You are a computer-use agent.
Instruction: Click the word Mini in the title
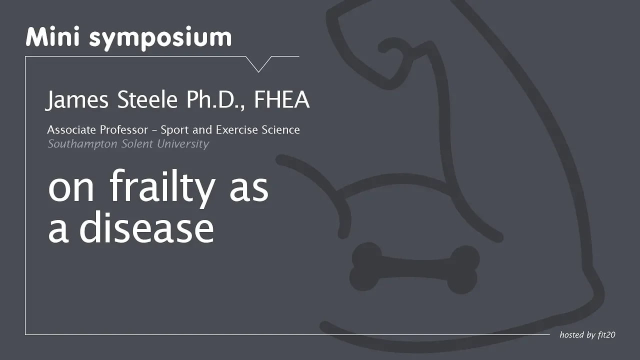tap(52, 37)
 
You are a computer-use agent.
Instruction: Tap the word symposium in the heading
tap(160, 39)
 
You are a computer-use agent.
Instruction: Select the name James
tap(77, 100)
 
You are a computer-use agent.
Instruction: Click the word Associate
tap(71, 129)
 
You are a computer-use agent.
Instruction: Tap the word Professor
tap(123, 129)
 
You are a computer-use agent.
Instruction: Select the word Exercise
tap(237, 129)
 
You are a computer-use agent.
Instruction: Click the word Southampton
tap(82, 144)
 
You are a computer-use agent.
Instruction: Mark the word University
tap(183, 144)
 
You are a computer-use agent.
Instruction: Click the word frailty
tap(162, 188)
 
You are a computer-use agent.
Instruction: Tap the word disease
tap(146, 227)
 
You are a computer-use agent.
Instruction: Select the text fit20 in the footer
tap(606, 334)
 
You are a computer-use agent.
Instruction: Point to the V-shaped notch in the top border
tap(258, 64)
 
